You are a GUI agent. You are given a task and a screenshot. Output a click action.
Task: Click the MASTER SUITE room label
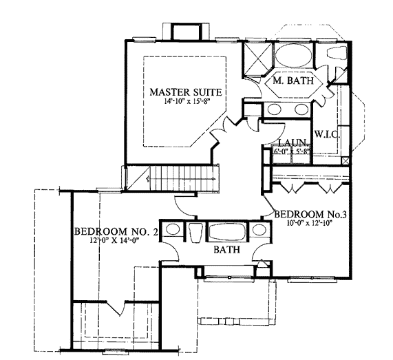[x=186, y=92]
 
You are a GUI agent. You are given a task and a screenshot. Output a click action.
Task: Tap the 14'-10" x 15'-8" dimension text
[x=187, y=102]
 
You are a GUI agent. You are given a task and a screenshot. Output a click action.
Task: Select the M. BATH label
[x=293, y=81]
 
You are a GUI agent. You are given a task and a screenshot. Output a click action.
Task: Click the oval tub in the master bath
[x=293, y=56]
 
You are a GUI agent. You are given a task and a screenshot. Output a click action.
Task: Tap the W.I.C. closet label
[x=327, y=135]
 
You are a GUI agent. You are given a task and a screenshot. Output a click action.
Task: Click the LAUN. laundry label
[x=293, y=142]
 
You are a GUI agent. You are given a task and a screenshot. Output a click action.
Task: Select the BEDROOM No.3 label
[x=310, y=214]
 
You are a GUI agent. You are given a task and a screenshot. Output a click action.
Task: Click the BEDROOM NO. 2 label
[x=116, y=231]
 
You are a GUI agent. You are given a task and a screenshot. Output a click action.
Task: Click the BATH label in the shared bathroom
[x=227, y=249]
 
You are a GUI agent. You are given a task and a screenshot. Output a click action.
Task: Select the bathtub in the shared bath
[x=227, y=232]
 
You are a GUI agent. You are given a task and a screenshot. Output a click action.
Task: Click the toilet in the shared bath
[x=196, y=233]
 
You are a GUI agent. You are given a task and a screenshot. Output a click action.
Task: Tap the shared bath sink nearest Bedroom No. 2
[x=173, y=230]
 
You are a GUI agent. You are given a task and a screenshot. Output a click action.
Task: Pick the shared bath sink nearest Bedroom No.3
[x=259, y=230]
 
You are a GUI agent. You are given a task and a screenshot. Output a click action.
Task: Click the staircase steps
[x=181, y=178]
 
